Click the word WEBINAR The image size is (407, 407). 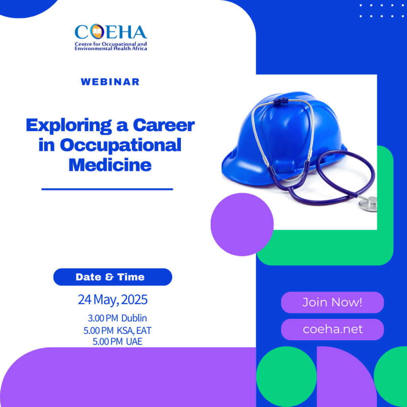click(x=110, y=82)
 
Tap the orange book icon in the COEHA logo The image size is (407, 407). click(x=97, y=31)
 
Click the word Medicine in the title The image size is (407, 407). click(x=110, y=165)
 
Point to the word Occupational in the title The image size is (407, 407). click(x=120, y=145)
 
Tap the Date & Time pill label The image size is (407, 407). click(x=112, y=277)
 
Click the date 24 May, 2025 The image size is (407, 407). click(x=112, y=300)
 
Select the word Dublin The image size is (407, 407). click(x=134, y=318)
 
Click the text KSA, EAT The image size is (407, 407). click(x=134, y=330)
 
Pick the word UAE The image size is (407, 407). click(x=134, y=341)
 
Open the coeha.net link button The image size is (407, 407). click(x=333, y=329)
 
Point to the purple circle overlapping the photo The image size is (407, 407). click(x=242, y=225)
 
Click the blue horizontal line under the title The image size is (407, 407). click(x=107, y=189)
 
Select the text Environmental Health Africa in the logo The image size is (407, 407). click(x=111, y=48)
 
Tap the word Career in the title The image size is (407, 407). click(x=164, y=125)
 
